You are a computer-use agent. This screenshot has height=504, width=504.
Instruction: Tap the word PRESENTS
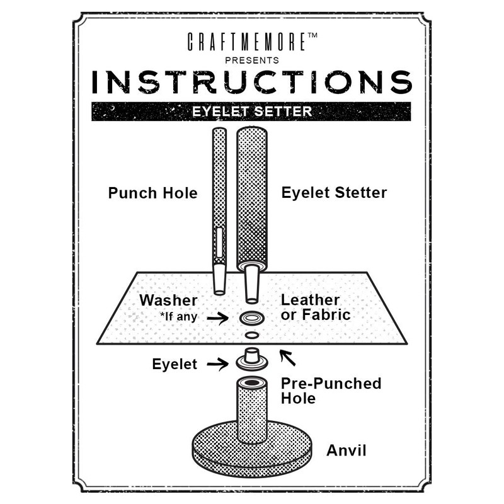pos(252,60)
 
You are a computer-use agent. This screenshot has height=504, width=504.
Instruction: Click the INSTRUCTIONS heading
pos(252,82)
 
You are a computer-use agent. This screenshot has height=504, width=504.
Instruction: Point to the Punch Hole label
pos(152,193)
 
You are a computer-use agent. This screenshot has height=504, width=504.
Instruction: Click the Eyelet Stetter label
pos(334,193)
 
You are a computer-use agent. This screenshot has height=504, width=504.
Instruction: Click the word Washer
pos(168,300)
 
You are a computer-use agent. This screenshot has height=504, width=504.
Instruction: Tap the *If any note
pos(178,317)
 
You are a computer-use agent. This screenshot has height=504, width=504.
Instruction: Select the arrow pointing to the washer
pos(218,318)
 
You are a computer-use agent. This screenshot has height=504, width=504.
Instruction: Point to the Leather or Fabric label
pos(315,307)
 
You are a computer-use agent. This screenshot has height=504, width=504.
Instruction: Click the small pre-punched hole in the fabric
pos(251,335)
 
